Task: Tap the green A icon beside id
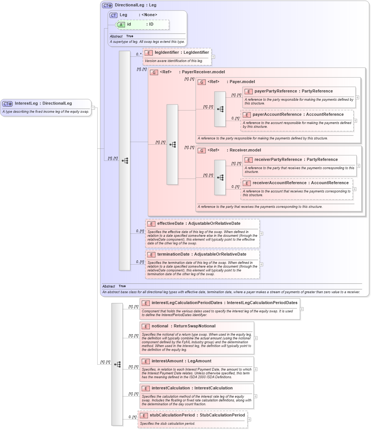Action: tap(121, 24)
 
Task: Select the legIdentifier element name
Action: tap(167, 53)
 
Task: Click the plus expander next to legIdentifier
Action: tap(213, 57)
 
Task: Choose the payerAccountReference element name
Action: tap(277, 114)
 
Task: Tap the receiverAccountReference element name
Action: tap(279, 183)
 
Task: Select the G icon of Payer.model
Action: tap(202, 82)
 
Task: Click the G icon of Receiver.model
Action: tap(202, 150)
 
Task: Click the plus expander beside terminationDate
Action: tap(261, 264)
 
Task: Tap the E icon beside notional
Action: tap(146, 326)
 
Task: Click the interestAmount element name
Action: tap(167, 361)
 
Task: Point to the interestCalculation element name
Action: tap(170, 388)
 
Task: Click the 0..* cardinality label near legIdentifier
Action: tap(139, 54)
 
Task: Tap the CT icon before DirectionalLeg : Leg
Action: tap(107, 6)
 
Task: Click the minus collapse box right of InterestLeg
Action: tap(93, 108)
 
